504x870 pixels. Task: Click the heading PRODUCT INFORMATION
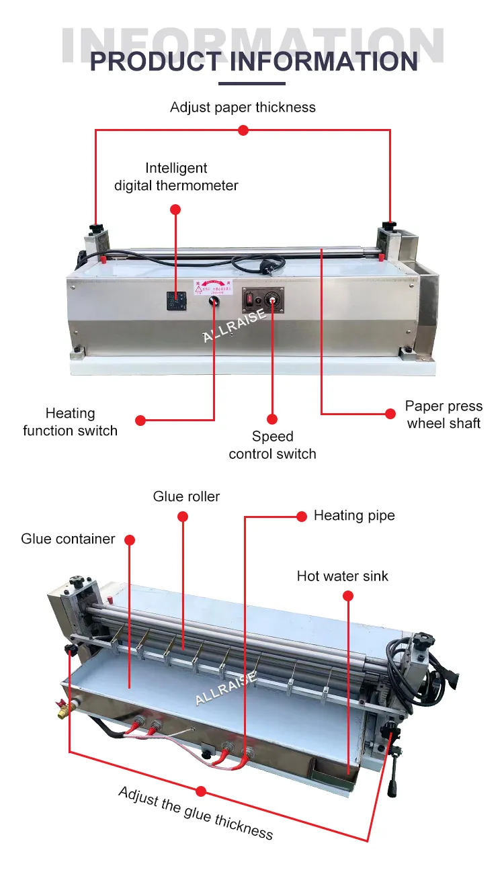[x=253, y=62]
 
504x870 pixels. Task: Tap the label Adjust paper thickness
[x=243, y=107]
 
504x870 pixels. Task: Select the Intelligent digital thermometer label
[x=176, y=177]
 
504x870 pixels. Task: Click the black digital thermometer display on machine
[x=175, y=300]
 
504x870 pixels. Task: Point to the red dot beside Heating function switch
[x=140, y=421]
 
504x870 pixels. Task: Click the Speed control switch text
[x=272, y=445]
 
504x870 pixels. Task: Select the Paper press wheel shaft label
[x=444, y=415]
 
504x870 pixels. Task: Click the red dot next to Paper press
[x=390, y=413]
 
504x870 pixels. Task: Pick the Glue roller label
[x=186, y=497]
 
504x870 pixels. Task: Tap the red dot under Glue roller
[x=183, y=516]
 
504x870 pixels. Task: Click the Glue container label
[x=68, y=539]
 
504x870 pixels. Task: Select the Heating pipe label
[x=354, y=515]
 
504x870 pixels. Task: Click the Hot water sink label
[x=343, y=576]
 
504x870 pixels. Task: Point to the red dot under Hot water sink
[x=347, y=595]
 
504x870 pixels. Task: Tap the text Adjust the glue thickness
[x=196, y=813]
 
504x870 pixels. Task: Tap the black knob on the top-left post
[x=96, y=230]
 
